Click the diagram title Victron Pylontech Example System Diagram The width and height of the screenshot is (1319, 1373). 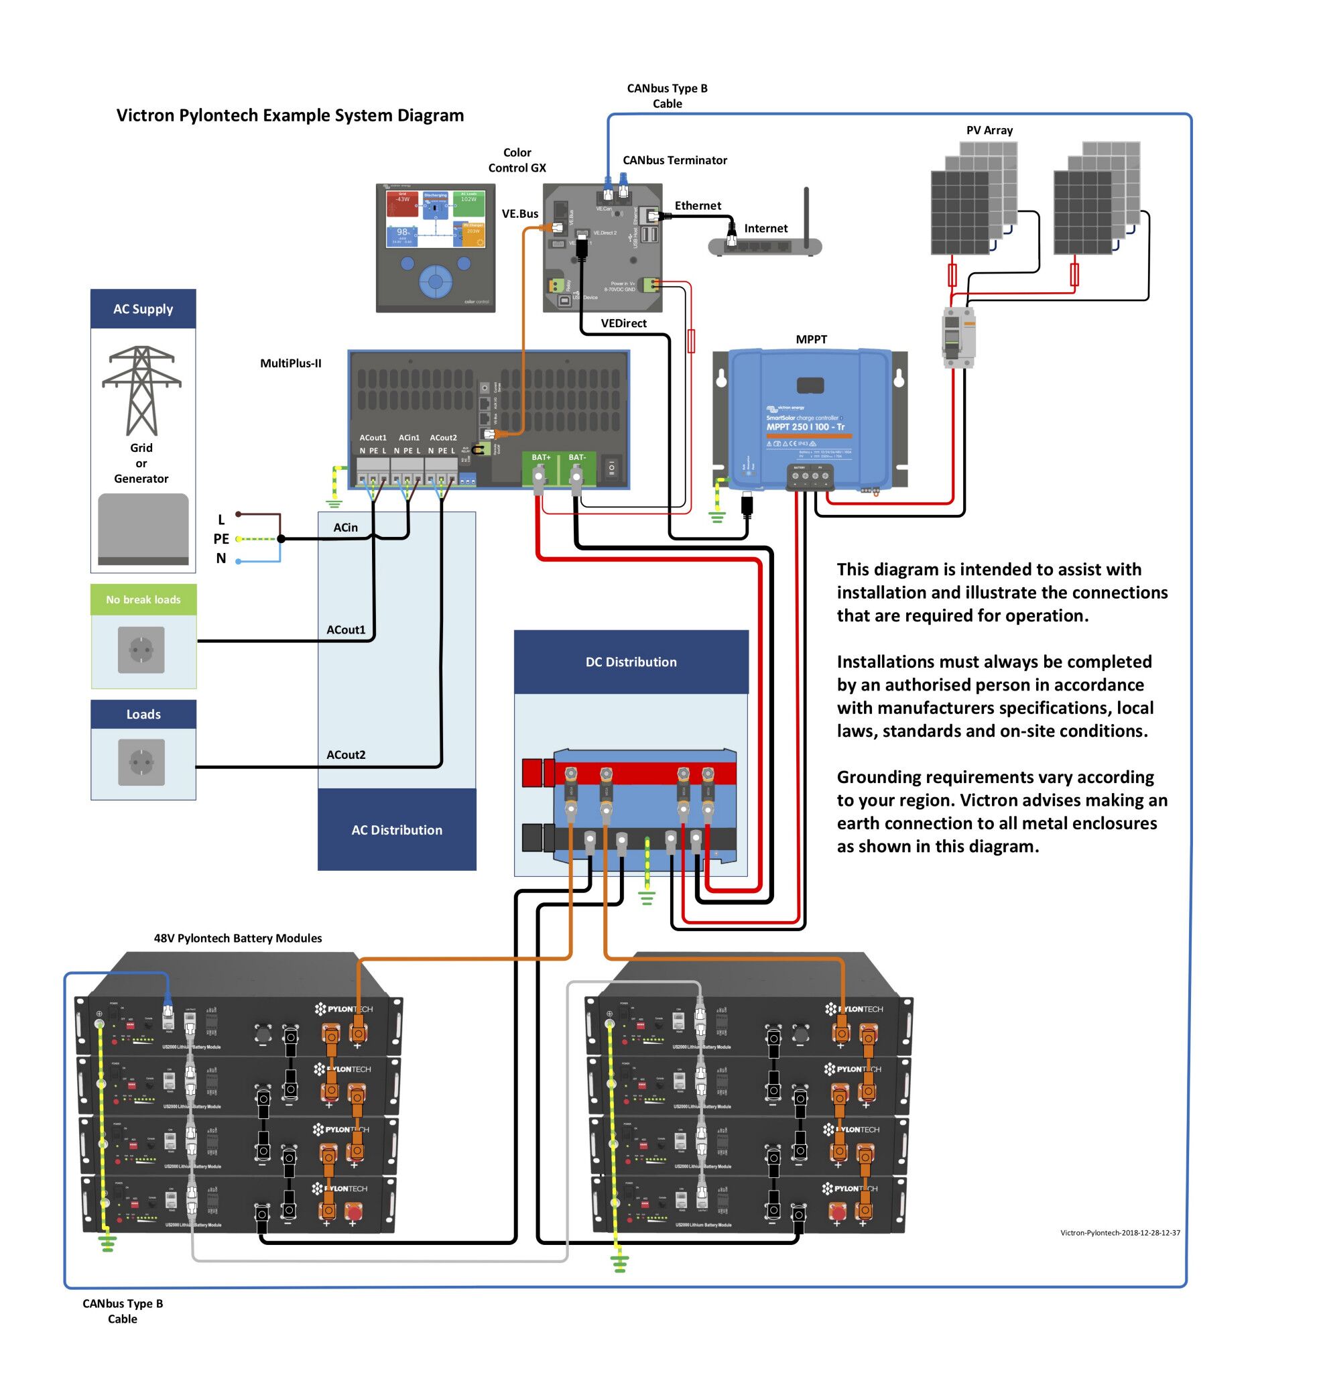(x=290, y=115)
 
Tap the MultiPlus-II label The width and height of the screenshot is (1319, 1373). (x=290, y=363)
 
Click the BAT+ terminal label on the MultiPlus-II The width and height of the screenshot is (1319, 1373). (x=541, y=457)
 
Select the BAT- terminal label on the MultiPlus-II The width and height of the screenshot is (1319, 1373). (x=577, y=457)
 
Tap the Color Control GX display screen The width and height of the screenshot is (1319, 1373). (x=435, y=219)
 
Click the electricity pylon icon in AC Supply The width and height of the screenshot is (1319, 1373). (x=141, y=390)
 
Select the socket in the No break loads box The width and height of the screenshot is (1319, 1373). (x=141, y=650)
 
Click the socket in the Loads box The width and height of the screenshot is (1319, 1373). (x=141, y=762)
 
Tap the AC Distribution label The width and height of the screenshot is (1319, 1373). (x=397, y=830)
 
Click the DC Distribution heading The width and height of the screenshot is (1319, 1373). (x=631, y=662)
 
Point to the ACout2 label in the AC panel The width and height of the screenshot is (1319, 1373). (x=345, y=754)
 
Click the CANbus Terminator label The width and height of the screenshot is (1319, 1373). (x=674, y=160)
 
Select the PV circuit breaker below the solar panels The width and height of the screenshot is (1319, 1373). (x=958, y=337)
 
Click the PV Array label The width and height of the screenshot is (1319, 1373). (x=989, y=130)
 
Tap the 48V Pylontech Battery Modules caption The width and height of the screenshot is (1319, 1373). (x=237, y=938)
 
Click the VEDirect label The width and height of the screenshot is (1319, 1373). (x=623, y=323)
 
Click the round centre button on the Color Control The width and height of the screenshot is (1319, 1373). (x=435, y=282)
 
